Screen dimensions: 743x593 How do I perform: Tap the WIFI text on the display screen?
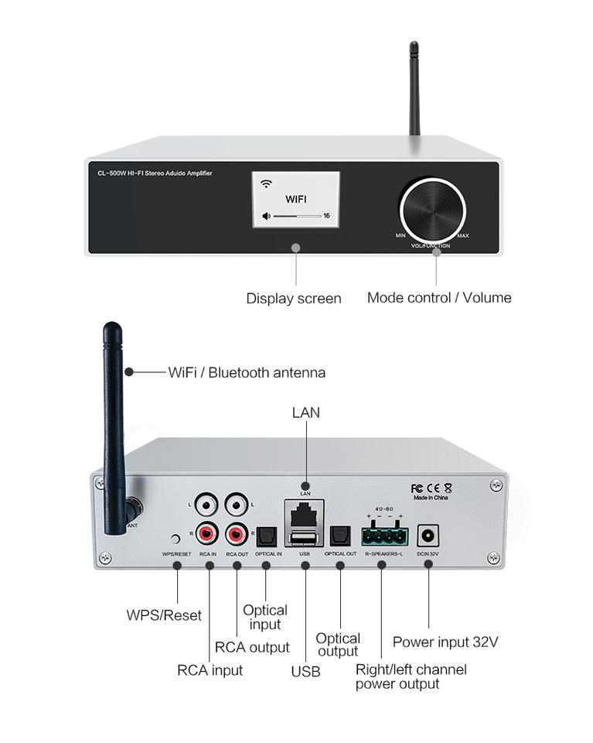coord(296,199)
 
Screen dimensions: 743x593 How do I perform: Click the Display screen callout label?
coord(293,298)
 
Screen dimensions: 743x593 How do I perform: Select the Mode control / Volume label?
coord(438,297)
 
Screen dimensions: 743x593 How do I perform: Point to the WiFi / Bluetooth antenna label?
coord(247,372)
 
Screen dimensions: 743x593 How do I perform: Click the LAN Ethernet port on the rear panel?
coord(305,512)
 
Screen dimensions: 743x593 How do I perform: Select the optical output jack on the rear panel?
coord(339,534)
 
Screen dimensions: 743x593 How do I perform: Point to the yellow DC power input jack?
coord(427,534)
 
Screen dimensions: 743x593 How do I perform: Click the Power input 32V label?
coord(445,642)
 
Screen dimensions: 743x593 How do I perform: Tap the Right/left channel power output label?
coord(411,676)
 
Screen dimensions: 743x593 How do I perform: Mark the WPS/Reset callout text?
coord(164,615)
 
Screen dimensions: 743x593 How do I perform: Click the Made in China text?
coord(430,500)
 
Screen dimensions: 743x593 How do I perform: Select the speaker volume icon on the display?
coord(267,216)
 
